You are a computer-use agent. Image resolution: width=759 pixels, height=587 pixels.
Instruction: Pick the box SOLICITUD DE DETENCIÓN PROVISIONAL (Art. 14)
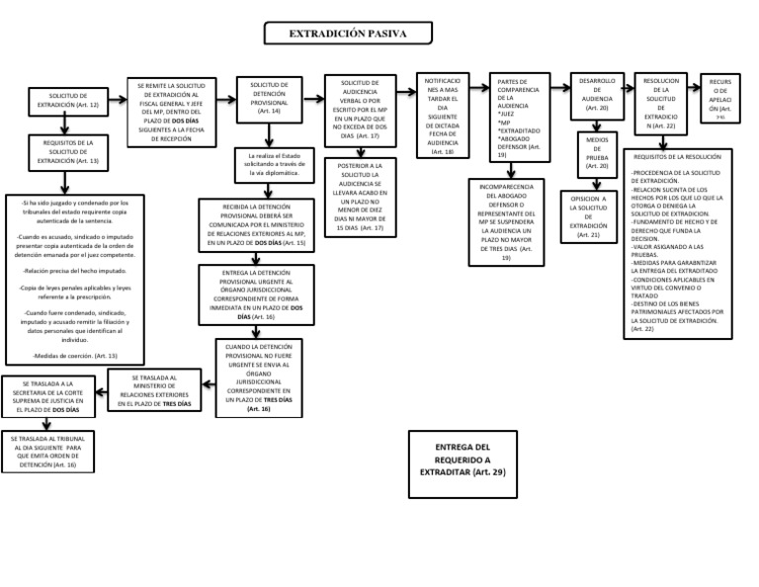click(269, 99)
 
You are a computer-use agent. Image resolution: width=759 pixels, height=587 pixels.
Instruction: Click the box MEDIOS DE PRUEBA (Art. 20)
click(597, 153)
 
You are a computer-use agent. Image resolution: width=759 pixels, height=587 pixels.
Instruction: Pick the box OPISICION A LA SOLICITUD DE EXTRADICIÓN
click(588, 216)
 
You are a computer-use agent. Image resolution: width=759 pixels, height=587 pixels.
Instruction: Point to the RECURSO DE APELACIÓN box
click(720, 94)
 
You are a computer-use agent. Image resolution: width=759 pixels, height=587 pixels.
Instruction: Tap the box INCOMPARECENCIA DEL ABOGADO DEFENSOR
click(506, 221)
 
